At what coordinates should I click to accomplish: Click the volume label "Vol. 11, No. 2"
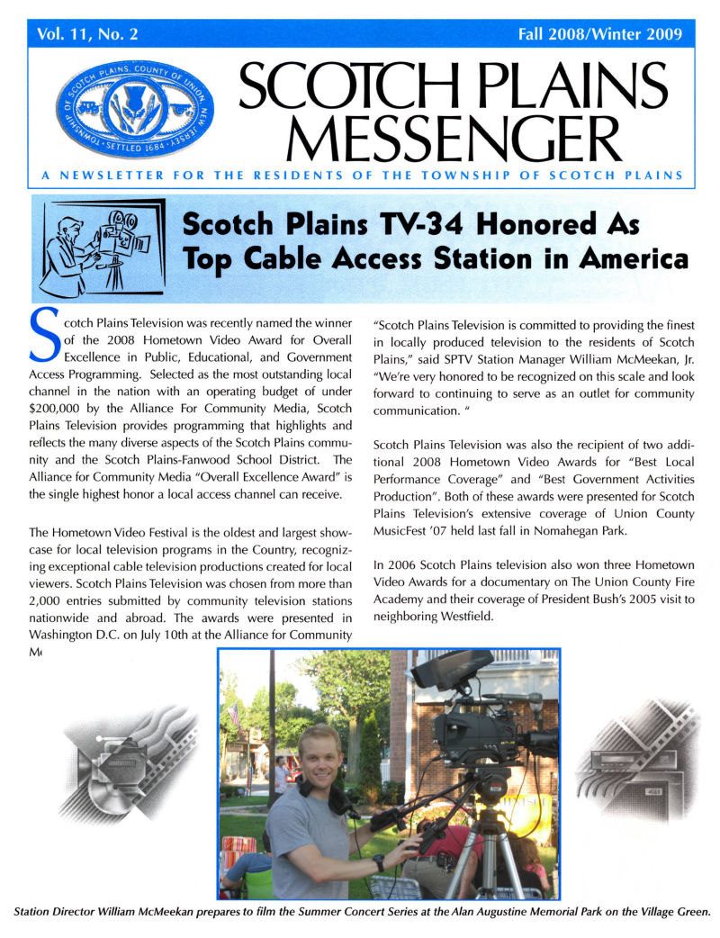coord(88,35)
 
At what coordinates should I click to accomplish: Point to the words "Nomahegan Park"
coord(575,529)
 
